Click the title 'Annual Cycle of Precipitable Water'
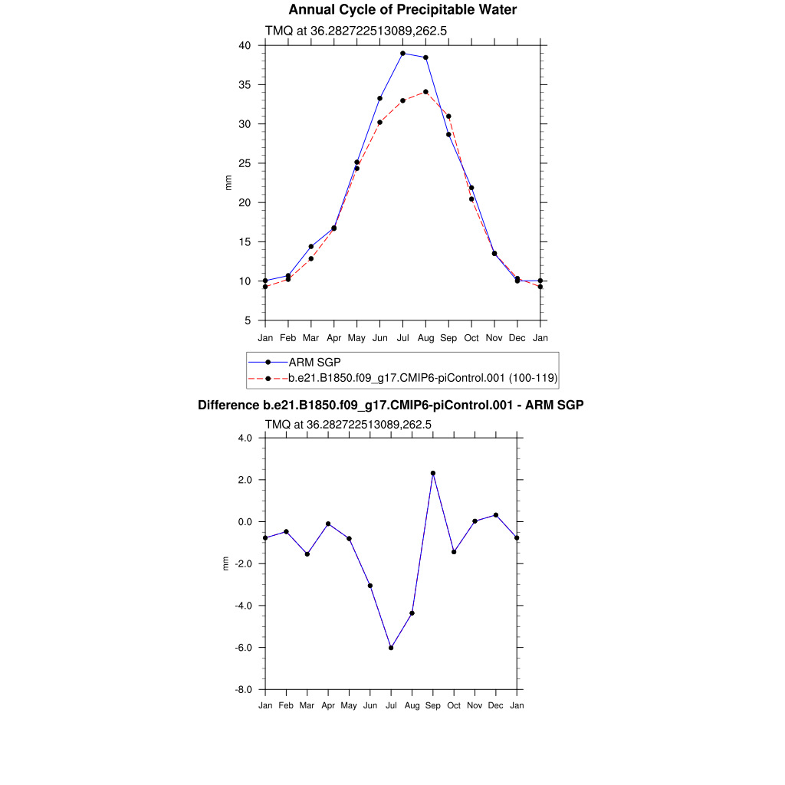click(x=402, y=10)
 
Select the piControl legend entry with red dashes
click(x=422, y=378)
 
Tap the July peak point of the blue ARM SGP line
click(x=402, y=54)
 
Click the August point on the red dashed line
click(x=425, y=92)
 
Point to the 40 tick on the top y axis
click(x=245, y=45)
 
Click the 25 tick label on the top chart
click(x=245, y=163)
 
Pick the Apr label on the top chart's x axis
click(x=333, y=337)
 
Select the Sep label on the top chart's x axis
click(x=448, y=337)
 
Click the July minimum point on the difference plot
click(x=391, y=648)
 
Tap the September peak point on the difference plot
click(x=433, y=473)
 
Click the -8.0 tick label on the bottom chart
click(x=244, y=690)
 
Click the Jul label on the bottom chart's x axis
click(x=391, y=705)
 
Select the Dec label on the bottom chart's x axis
click(x=496, y=705)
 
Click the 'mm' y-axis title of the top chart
click(x=228, y=182)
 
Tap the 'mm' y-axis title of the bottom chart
click(x=225, y=564)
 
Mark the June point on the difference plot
click(x=370, y=586)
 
